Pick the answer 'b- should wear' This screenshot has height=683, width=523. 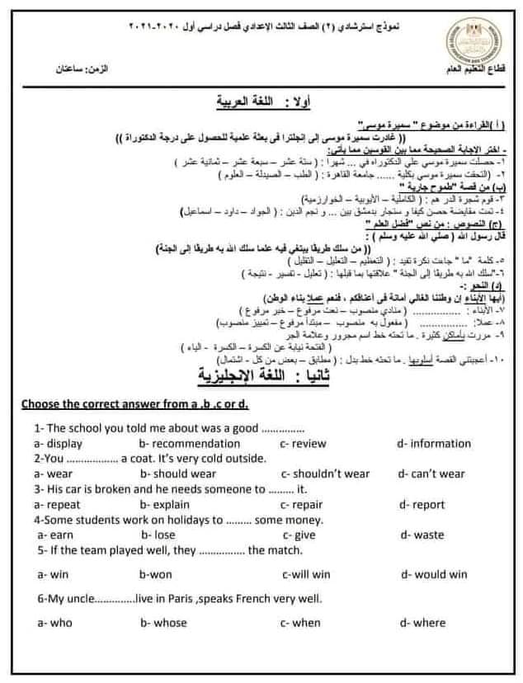(x=178, y=473)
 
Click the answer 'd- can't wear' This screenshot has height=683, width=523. (x=431, y=473)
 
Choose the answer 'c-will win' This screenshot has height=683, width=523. (x=306, y=574)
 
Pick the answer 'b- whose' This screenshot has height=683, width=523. (x=169, y=623)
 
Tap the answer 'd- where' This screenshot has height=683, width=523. (x=422, y=623)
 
